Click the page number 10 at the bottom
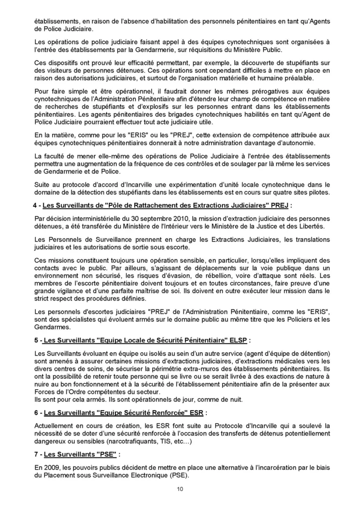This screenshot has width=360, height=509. click(x=180, y=489)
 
